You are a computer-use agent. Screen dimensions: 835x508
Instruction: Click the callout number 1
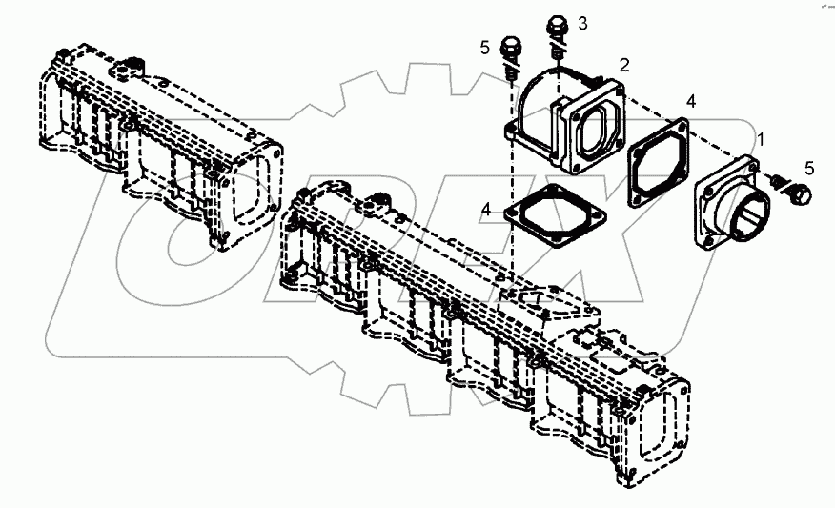tap(761, 139)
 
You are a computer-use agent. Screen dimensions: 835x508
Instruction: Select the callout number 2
tap(624, 65)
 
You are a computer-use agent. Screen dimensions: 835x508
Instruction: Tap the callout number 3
tap(582, 24)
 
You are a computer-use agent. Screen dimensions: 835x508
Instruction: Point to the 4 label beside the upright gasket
tap(691, 101)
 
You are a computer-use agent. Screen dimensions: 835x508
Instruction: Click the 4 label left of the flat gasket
tap(486, 210)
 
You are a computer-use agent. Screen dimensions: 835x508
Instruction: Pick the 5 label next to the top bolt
tap(484, 48)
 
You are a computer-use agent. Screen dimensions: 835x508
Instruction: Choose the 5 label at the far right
tap(809, 169)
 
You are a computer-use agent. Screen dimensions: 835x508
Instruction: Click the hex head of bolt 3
tap(557, 26)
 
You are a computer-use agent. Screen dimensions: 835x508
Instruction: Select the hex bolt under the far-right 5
tap(801, 194)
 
